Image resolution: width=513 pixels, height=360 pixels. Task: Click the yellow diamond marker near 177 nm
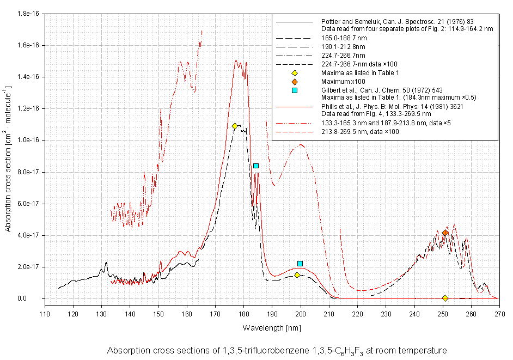point(235,126)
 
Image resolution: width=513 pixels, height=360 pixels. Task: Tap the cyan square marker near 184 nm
point(256,166)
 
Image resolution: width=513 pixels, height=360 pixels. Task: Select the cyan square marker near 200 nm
point(300,264)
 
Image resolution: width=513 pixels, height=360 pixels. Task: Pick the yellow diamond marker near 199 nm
point(297,275)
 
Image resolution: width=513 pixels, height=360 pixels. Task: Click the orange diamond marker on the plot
point(445,233)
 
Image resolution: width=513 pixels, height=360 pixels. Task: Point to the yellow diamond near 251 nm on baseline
point(445,298)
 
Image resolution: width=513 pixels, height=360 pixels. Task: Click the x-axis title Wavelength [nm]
point(271,328)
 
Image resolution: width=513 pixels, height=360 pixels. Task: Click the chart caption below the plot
point(277,350)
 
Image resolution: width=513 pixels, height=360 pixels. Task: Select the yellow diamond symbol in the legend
point(295,73)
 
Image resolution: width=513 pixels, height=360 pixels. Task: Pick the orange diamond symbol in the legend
point(295,81)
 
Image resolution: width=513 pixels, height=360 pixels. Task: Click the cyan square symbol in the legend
point(295,90)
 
